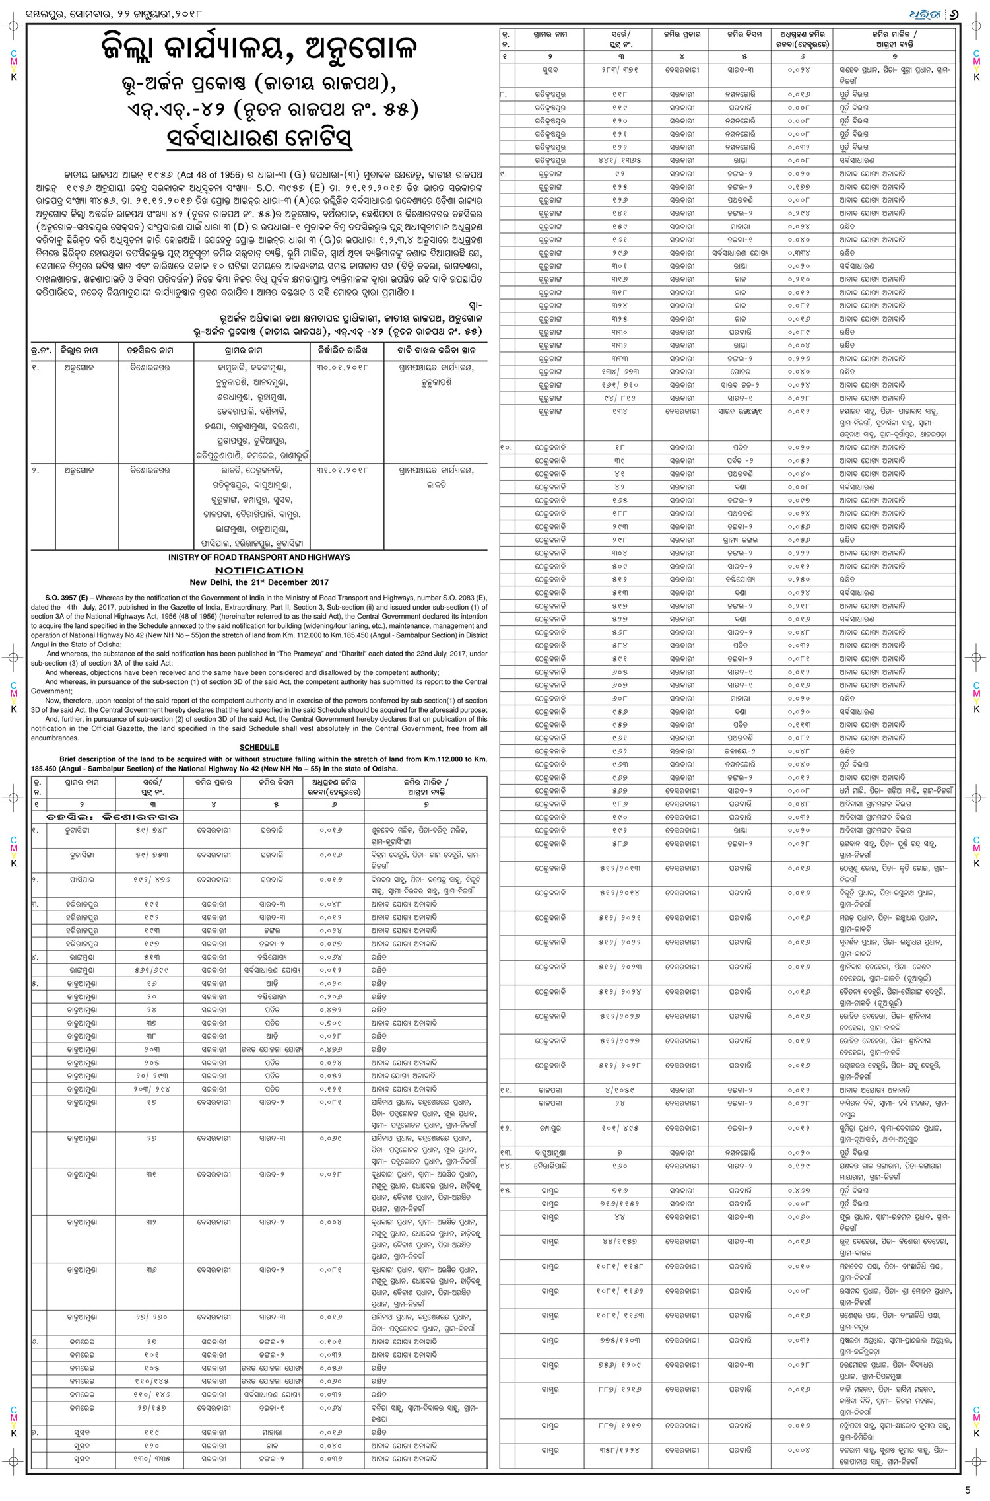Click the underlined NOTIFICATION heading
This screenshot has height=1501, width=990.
click(259, 570)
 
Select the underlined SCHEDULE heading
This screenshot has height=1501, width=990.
click(259, 747)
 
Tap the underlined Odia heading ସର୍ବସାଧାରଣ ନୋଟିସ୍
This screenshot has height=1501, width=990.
click(259, 139)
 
